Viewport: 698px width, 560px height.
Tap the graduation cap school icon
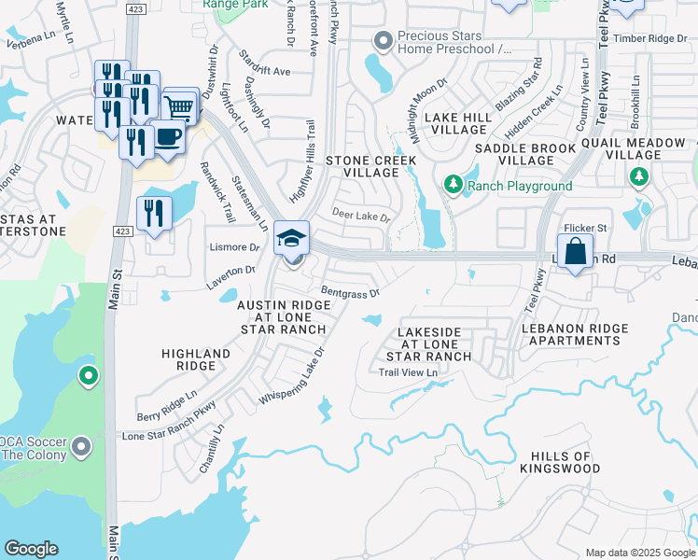(x=292, y=238)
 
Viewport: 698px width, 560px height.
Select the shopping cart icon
(x=180, y=105)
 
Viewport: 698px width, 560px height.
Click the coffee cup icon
(x=167, y=137)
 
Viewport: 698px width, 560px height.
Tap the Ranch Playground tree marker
(x=454, y=186)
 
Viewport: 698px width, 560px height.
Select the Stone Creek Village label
(x=362, y=166)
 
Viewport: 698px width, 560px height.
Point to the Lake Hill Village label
(x=456, y=123)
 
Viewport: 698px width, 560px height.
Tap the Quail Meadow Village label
(x=635, y=148)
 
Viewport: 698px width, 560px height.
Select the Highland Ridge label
(x=196, y=360)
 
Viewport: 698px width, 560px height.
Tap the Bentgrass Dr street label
(x=350, y=292)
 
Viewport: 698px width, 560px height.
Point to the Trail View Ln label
(x=408, y=372)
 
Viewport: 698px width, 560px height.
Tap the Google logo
(x=31, y=549)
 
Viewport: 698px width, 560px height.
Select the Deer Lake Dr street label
(x=360, y=217)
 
